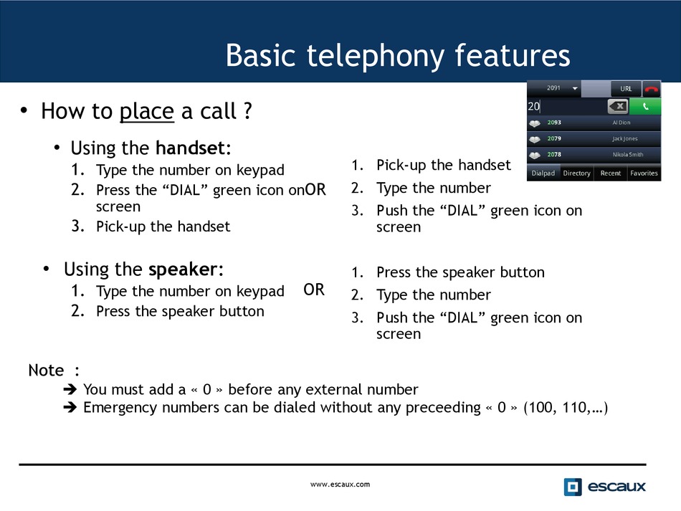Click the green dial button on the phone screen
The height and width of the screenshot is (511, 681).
pos(645,106)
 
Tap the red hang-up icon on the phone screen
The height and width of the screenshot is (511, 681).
pos(652,89)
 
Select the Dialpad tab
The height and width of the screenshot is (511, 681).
pos(543,173)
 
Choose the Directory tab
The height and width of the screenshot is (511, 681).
pos(577,173)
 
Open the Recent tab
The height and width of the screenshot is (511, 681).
pos(610,173)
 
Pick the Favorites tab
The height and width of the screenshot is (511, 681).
pos(644,173)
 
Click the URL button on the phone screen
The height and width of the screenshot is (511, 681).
pos(626,89)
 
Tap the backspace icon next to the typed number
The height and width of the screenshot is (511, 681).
pos(618,106)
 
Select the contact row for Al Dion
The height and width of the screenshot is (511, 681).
pos(594,123)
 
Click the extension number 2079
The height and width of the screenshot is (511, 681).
pos(554,138)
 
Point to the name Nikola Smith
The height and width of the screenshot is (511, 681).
pos(628,155)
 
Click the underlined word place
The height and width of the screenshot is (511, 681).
pos(147,112)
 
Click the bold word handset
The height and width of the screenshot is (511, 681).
pos(190,148)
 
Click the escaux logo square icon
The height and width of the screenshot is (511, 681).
pos(573,487)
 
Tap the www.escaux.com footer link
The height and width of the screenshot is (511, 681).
pos(340,484)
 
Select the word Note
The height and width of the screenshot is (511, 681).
pos(46,371)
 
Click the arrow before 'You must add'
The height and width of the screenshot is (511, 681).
pos(70,389)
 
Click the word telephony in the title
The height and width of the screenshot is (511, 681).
pos(376,57)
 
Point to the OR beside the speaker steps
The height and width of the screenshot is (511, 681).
pos(314,290)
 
